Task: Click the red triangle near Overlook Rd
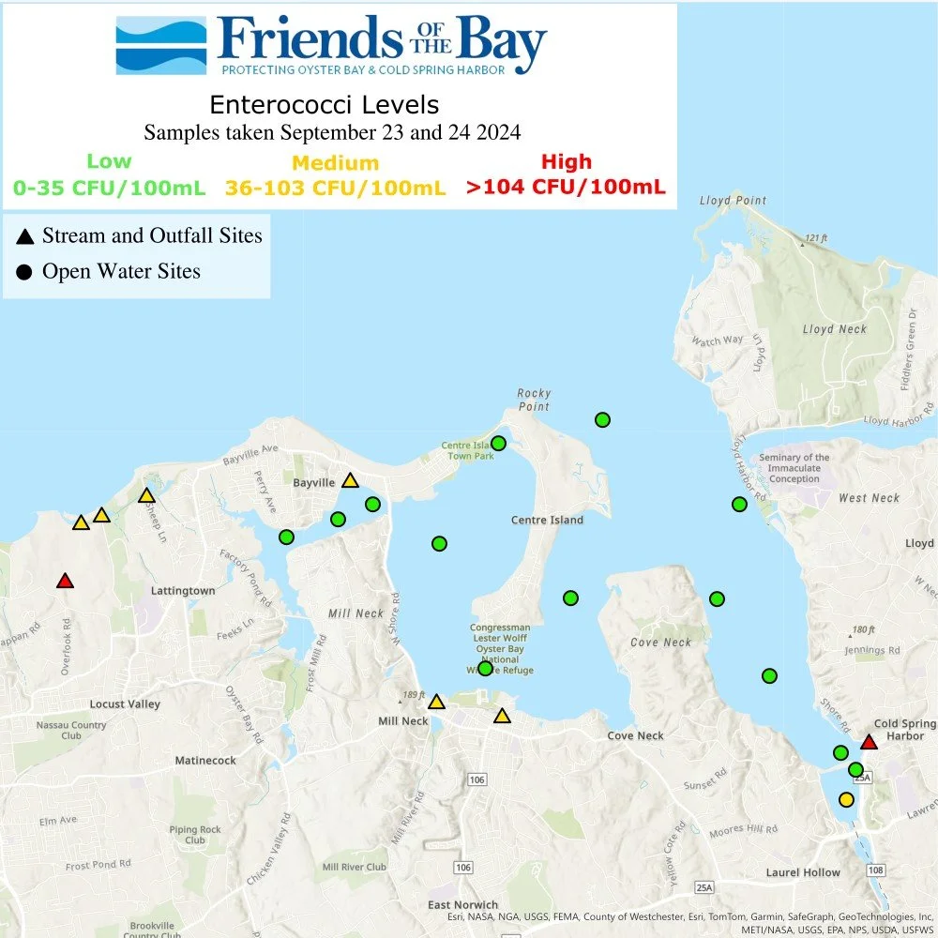pos(65,582)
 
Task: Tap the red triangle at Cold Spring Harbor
pos(869,743)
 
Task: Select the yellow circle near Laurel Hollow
pos(846,800)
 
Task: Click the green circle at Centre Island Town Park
pos(498,443)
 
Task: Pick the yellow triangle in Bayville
pos(350,480)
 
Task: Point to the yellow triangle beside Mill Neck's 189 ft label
pos(436,702)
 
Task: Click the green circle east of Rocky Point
pos(602,419)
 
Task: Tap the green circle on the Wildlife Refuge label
pos(485,668)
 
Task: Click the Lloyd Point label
pos(733,201)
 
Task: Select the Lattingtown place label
pos(183,591)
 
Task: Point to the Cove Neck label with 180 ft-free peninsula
pos(660,643)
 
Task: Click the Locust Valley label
pos(125,704)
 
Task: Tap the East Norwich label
pos(462,904)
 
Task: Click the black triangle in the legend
pos(24,235)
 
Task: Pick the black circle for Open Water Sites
pos(24,272)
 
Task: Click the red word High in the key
pos(566,161)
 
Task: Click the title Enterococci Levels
pos(324,103)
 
